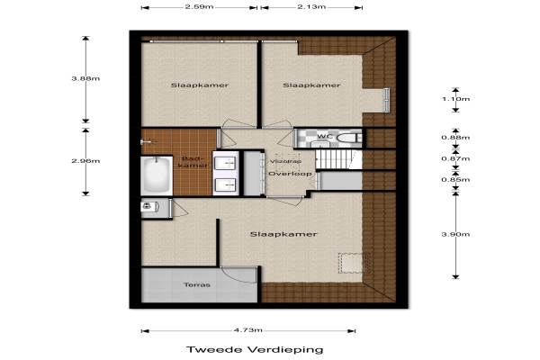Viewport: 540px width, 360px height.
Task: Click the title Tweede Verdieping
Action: pos(255,350)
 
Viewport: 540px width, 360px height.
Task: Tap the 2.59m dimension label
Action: pos(200,6)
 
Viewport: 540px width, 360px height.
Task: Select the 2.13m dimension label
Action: pos(311,6)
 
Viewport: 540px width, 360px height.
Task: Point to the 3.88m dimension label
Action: pos(85,78)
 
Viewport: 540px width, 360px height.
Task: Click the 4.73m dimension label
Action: pos(248,330)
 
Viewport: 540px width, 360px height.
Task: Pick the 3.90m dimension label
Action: pos(455,234)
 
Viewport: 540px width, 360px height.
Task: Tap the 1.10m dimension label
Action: pos(455,99)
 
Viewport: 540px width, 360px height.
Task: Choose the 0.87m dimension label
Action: pos(455,158)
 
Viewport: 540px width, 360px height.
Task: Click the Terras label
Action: pos(197,285)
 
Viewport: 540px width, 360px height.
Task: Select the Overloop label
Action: pos(290,174)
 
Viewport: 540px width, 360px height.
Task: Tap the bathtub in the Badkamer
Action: pos(157,175)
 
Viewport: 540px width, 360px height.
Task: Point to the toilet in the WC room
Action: pos(349,138)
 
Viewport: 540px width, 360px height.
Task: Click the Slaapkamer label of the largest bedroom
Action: pos(283,234)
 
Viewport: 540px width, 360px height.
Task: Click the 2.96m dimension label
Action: pos(85,161)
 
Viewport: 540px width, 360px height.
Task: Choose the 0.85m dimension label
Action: pos(455,180)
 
